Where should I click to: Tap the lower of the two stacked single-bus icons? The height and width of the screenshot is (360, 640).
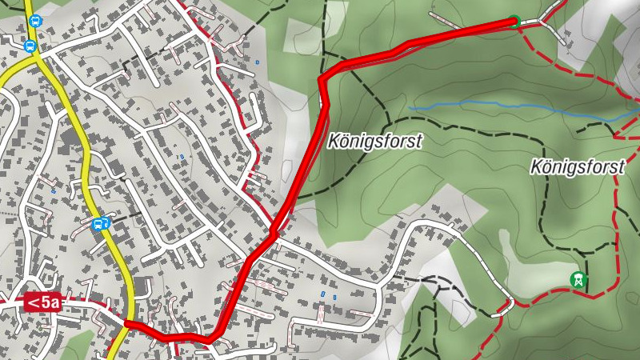point(30,46)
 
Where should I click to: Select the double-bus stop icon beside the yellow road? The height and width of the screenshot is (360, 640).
point(101,224)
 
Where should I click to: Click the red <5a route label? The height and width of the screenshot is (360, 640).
point(43,302)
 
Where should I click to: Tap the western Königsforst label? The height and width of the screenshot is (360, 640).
point(374,141)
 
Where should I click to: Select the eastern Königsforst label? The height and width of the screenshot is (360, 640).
point(577,167)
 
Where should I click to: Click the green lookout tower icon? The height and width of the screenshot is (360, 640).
point(577,280)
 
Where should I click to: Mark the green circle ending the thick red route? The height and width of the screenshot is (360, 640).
point(514,21)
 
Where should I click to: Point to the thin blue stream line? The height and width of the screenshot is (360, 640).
point(512,105)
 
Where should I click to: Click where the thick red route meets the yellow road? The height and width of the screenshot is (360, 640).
point(127,322)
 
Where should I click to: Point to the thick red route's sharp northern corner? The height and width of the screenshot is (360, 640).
point(322,80)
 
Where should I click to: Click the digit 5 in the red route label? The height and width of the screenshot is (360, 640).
point(47,302)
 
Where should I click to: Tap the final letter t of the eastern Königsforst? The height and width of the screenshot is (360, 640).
point(620,167)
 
